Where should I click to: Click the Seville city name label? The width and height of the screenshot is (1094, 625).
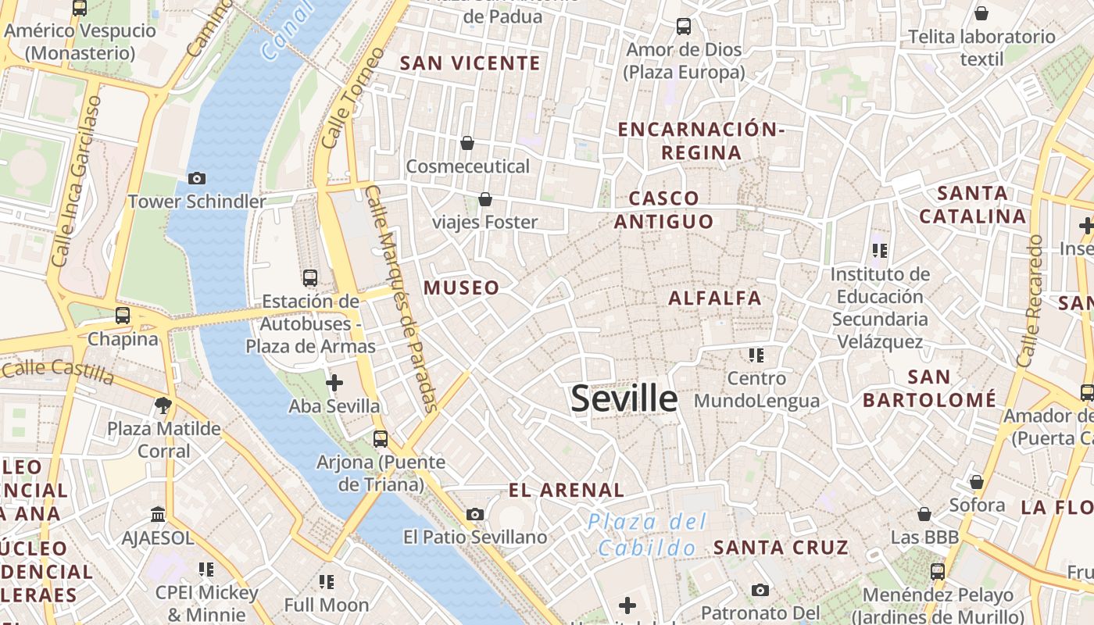click(624, 398)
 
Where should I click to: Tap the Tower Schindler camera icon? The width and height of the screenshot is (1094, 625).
click(197, 179)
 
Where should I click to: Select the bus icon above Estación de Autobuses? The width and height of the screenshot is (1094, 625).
click(310, 278)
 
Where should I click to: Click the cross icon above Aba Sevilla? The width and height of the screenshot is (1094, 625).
click(334, 383)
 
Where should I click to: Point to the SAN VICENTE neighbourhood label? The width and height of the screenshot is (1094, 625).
click(470, 63)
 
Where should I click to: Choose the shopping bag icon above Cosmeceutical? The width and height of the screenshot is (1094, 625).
click(467, 143)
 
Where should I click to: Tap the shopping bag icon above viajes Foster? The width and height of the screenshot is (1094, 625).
click(485, 199)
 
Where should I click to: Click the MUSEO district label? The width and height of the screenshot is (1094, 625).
click(461, 287)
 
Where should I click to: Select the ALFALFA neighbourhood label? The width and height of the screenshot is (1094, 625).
click(714, 298)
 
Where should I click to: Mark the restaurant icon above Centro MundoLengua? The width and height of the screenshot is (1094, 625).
click(756, 355)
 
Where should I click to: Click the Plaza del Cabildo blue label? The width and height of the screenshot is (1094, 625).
click(648, 534)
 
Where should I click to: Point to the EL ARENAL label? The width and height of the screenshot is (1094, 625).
click(567, 491)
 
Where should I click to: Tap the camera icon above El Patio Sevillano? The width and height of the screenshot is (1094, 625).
click(474, 514)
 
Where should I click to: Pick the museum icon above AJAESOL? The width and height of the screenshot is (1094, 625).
click(158, 514)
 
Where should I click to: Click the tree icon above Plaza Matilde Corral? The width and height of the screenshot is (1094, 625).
click(163, 405)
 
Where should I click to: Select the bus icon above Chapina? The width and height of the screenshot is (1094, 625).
click(123, 316)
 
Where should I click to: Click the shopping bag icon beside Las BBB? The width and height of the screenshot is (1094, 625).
click(924, 514)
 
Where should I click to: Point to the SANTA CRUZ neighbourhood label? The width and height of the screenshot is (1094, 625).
click(781, 548)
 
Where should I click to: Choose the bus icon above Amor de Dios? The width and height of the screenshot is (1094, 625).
click(684, 27)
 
